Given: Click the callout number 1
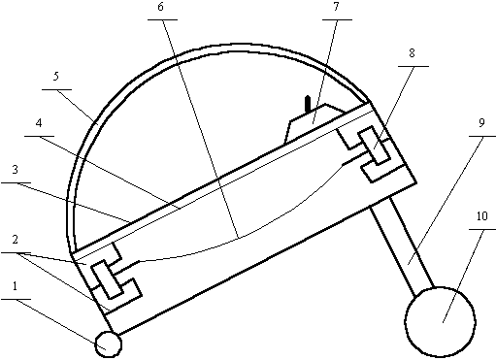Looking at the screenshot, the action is [x=15, y=286].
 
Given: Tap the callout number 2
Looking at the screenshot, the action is [x=16, y=240].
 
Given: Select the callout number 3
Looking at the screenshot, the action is [x=16, y=170].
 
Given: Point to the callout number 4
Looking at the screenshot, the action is [x=39, y=123].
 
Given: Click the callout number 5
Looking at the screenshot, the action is [x=56, y=77].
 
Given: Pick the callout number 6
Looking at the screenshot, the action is [x=161, y=7].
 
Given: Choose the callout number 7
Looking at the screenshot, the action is [x=336, y=7].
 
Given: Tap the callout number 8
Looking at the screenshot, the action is [x=412, y=53].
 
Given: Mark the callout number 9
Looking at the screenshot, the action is [x=481, y=123].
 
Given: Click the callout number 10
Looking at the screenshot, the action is [x=482, y=215].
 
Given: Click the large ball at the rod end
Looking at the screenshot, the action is [x=440, y=322].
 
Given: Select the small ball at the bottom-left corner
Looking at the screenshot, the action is [x=109, y=344].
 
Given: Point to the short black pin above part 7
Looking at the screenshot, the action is [x=308, y=104].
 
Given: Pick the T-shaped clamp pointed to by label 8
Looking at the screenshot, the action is [x=373, y=146].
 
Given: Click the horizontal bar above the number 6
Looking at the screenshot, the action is [x=162, y=19].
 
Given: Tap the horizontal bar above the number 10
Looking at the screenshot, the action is [x=482, y=229].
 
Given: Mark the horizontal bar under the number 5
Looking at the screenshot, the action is [x=57, y=89].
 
